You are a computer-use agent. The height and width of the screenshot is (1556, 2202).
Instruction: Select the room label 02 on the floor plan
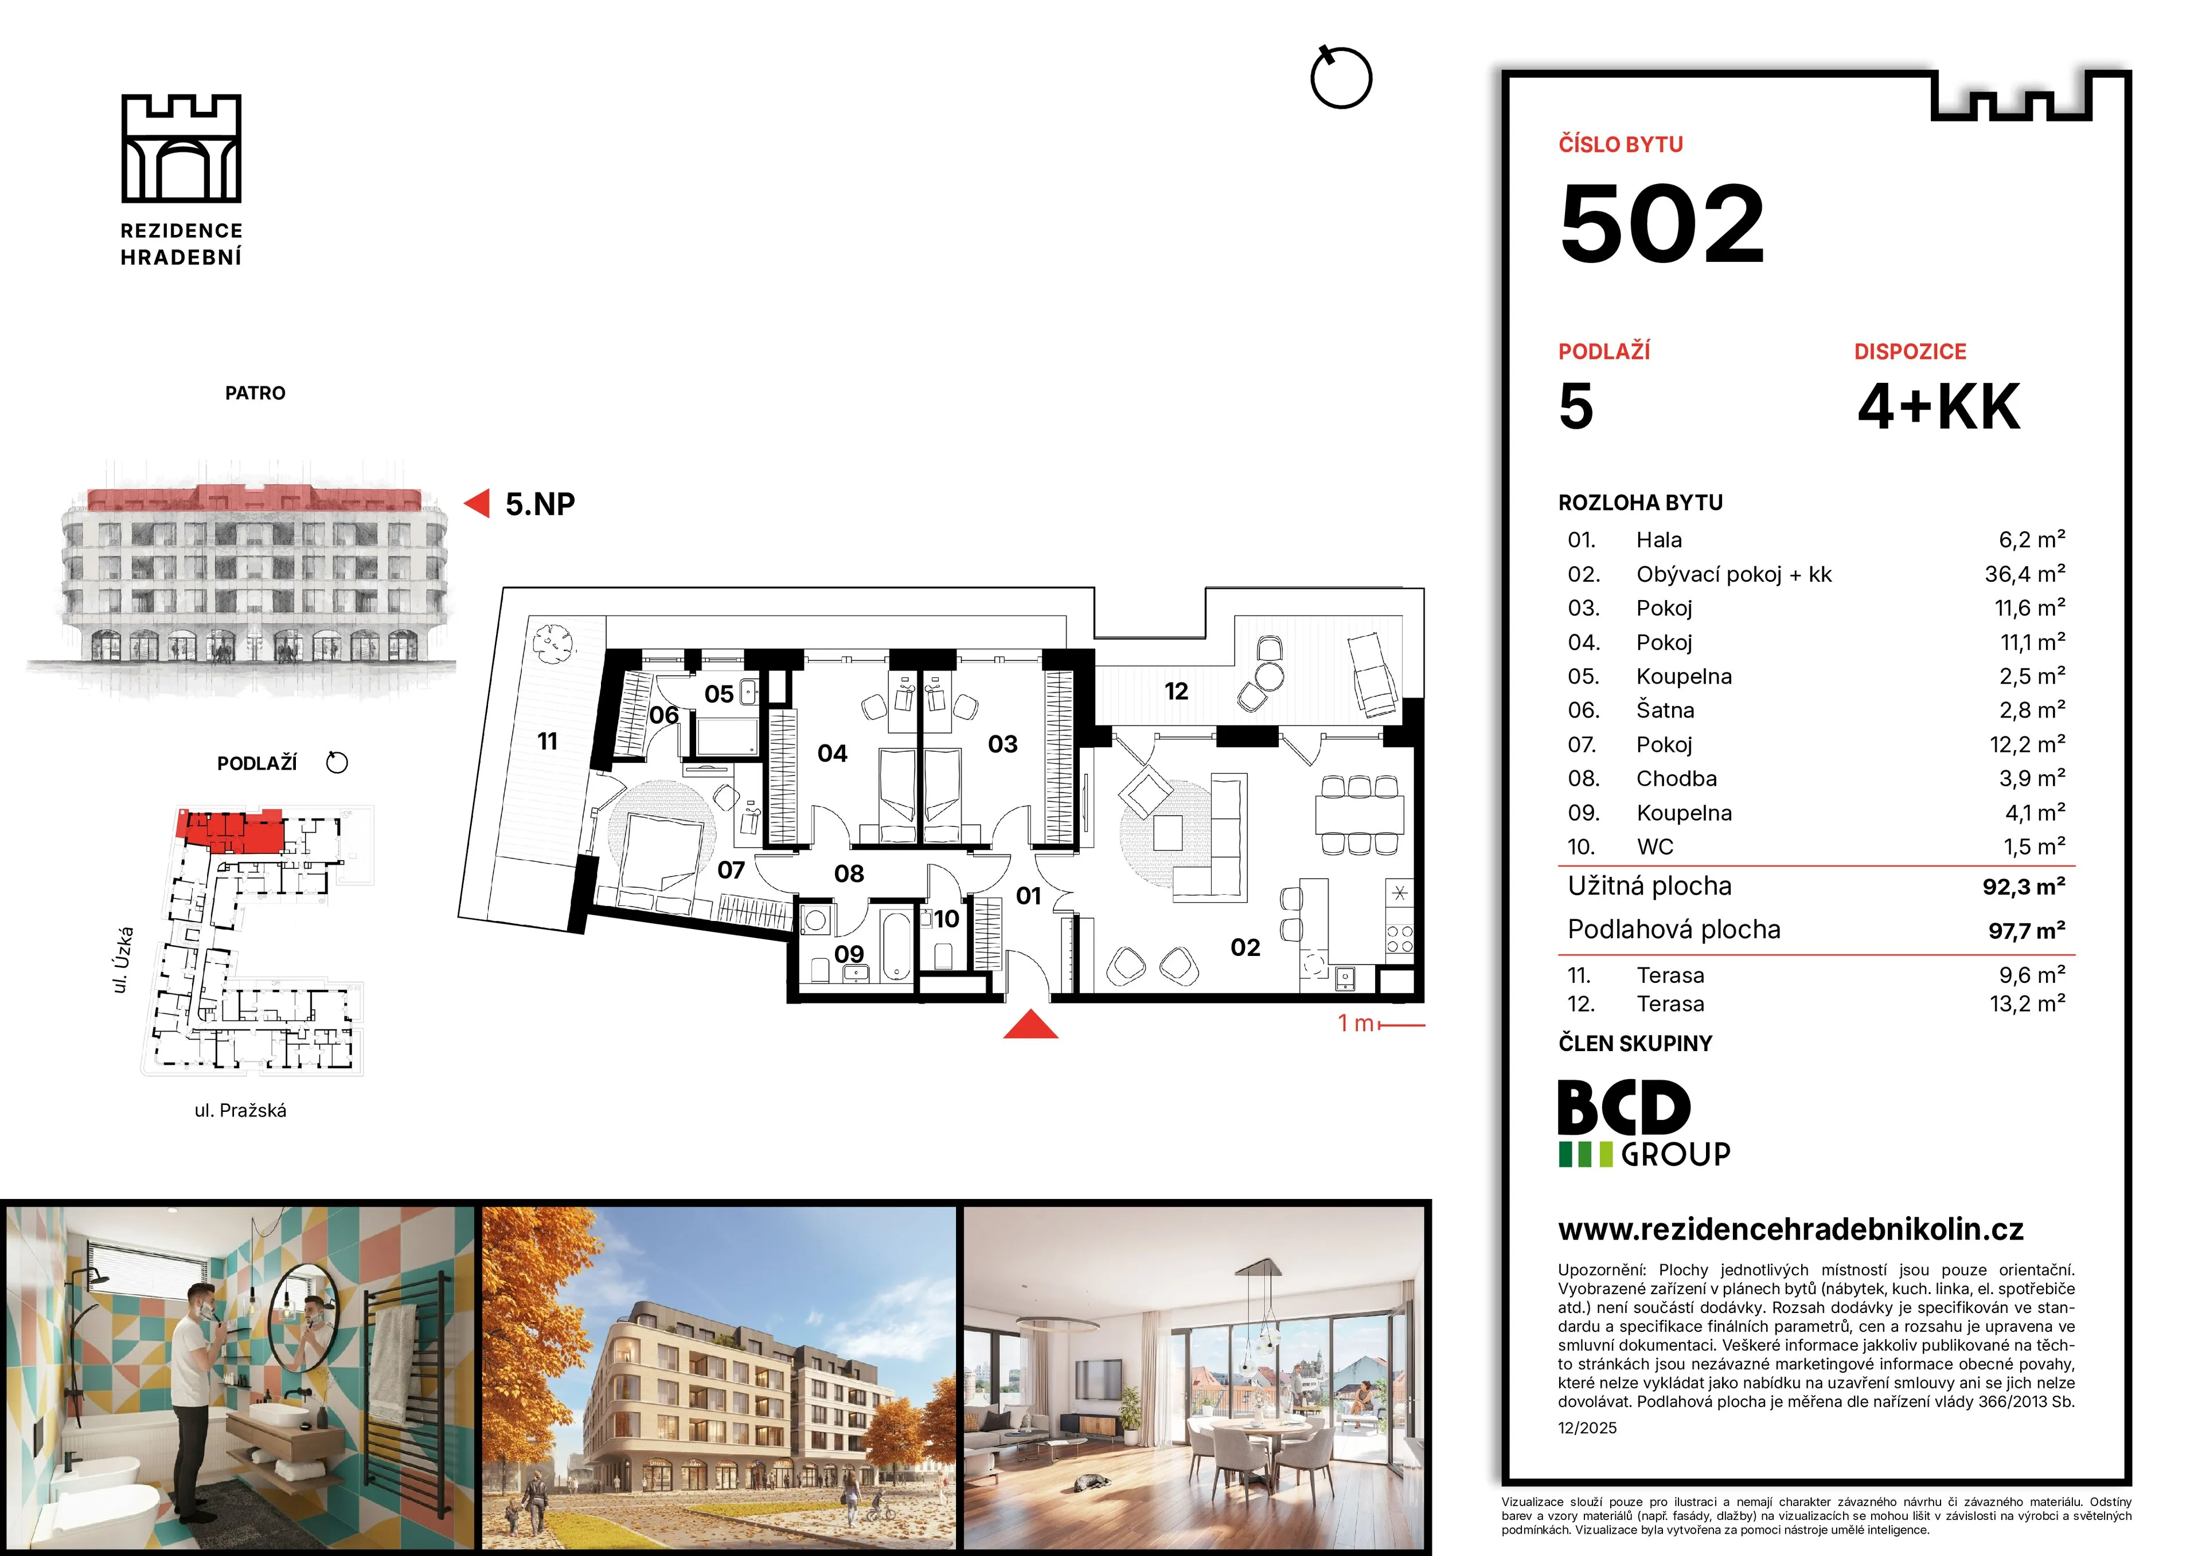coord(1245,947)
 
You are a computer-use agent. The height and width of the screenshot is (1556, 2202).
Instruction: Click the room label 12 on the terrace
coord(1176,691)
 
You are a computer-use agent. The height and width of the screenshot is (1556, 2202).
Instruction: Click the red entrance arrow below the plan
coord(1031,1024)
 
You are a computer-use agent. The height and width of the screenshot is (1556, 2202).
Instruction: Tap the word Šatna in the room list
coord(1665,711)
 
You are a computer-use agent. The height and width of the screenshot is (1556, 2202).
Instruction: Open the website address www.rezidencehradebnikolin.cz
coord(1791,1229)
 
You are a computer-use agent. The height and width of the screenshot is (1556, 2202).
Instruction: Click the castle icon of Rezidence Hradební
coord(181,148)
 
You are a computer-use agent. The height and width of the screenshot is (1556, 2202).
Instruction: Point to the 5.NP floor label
coord(540,504)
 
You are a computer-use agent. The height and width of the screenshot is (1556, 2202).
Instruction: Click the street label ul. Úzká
coord(122,960)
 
